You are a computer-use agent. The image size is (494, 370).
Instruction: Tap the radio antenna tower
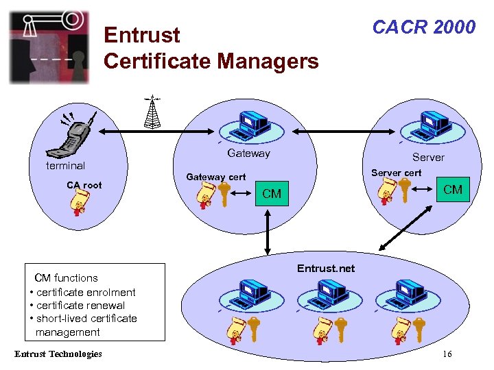point(152,112)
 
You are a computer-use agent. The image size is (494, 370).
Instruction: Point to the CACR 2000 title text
point(423,27)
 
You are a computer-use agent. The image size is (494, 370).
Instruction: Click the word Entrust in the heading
point(141,35)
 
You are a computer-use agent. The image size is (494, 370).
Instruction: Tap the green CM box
point(453,189)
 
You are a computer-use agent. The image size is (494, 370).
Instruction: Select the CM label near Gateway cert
point(272,194)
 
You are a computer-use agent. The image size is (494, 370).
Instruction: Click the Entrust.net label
point(326,269)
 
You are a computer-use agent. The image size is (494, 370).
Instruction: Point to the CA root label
point(84,185)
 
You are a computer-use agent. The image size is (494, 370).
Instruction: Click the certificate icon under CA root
point(80,203)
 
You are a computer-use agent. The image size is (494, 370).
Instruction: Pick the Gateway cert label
point(215,177)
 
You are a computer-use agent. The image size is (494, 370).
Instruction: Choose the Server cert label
point(396,173)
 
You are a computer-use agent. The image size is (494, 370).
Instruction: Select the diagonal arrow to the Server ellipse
point(401,230)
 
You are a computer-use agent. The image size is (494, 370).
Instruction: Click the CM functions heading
point(66,277)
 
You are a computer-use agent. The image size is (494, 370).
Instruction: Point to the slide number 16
point(447,354)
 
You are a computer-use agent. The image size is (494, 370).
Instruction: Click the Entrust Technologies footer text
point(58,354)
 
